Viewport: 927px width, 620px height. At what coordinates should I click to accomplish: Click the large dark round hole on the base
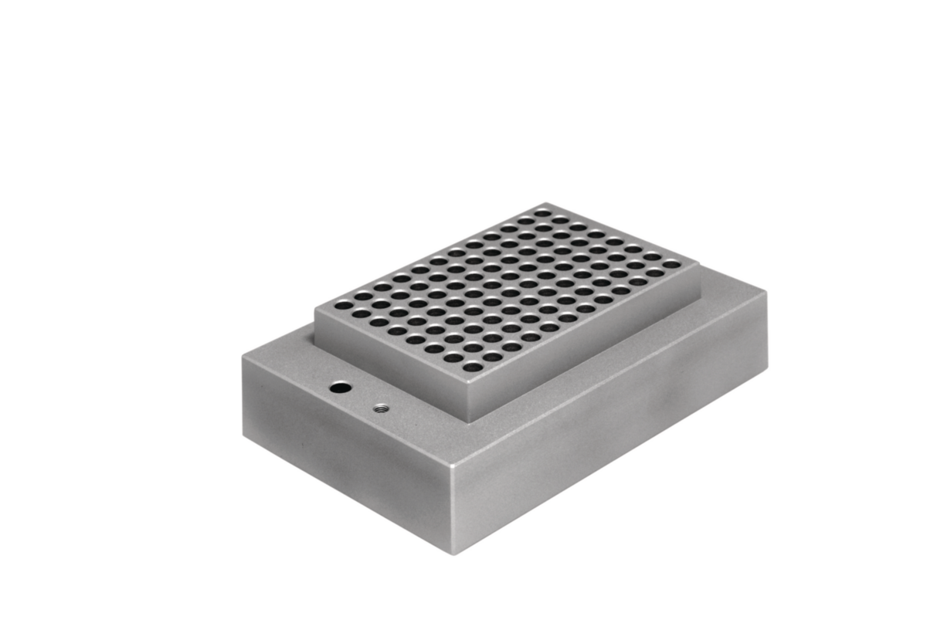(x=338, y=388)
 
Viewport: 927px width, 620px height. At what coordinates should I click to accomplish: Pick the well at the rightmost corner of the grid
(x=672, y=264)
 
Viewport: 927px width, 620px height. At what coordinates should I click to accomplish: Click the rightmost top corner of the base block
(x=767, y=292)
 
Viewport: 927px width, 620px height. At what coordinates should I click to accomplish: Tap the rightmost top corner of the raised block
(x=700, y=265)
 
